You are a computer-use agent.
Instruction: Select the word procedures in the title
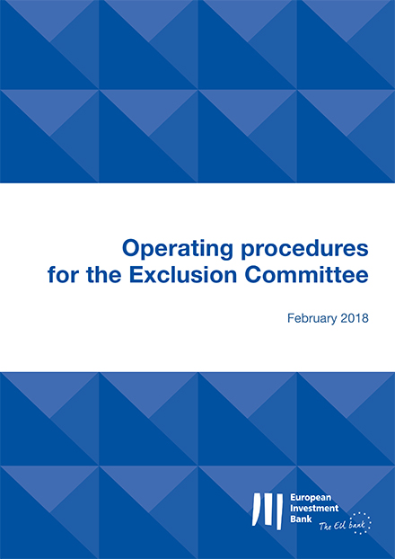pos(304,249)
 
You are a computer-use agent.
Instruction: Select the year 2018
pos(354,318)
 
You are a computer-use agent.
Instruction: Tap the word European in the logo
pos(305,498)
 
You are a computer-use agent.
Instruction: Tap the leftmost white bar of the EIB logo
pos(257,510)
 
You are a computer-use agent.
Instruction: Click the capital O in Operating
pos(131,248)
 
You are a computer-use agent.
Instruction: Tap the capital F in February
pos(291,318)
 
